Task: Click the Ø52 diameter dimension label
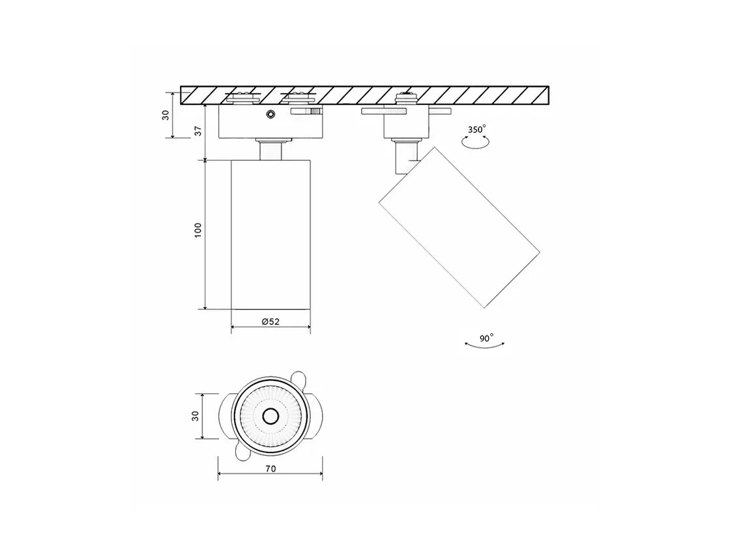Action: coord(270,322)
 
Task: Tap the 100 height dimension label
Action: coord(198,231)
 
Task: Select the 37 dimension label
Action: coord(199,131)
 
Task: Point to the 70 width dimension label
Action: coord(270,469)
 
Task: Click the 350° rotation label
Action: coord(476,130)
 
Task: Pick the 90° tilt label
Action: coord(486,338)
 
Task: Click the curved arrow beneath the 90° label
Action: coord(485,346)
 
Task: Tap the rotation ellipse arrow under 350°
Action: coord(475,143)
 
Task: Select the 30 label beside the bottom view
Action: coord(195,416)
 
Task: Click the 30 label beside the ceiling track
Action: coord(166,115)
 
